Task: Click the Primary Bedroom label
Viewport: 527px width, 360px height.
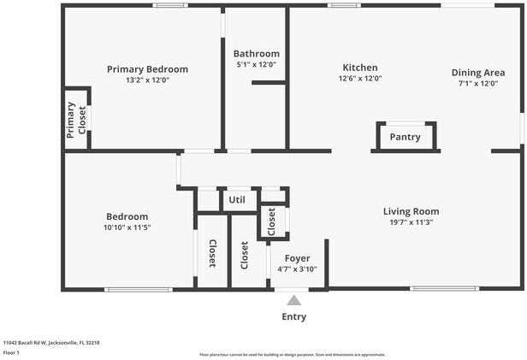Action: pyautogui.click(x=147, y=69)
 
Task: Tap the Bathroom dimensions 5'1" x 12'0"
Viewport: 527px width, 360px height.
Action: pyautogui.click(x=257, y=64)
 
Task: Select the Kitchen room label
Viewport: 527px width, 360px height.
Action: pyautogui.click(x=360, y=68)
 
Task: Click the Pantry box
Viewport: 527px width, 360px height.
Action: pyautogui.click(x=405, y=137)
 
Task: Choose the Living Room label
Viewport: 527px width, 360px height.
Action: pyautogui.click(x=411, y=211)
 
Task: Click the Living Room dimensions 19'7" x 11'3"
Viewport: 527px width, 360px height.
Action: pyautogui.click(x=411, y=222)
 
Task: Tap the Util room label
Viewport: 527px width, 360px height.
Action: pyautogui.click(x=237, y=200)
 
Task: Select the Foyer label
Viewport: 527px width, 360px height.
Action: pyautogui.click(x=297, y=258)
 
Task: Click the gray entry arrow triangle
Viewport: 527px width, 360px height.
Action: pyautogui.click(x=293, y=300)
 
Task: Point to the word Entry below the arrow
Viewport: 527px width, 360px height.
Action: pyautogui.click(x=293, y=317)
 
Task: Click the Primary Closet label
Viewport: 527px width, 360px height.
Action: pyautogui.click(x=77, y=121)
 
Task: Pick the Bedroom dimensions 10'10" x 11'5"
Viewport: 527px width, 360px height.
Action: pyautogui.click(x=127, y=228)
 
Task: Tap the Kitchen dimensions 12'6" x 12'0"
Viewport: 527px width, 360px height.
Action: pyautogui.click(x=360, y=79)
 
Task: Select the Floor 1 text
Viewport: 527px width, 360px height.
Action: pyautogui.click(x=11, y=351)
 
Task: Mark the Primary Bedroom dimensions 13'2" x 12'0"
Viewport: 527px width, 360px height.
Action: pyautogui.click(x=147, y=80)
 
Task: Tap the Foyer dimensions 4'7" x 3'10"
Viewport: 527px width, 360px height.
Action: pyautogui.click(x=297, y=269)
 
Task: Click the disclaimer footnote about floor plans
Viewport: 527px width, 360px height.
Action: pyautogui.click(x=292, y=354)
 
